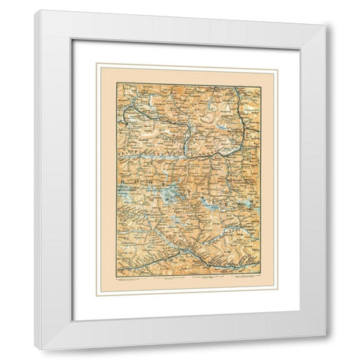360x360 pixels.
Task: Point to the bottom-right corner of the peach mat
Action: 277,295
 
